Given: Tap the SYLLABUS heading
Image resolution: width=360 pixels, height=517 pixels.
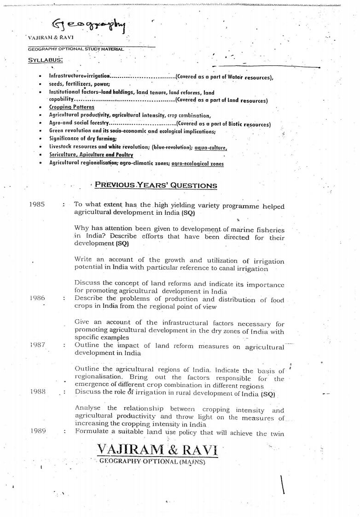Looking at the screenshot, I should [45, 59].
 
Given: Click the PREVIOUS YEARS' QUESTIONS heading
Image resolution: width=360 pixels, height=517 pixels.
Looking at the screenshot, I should [156, 185].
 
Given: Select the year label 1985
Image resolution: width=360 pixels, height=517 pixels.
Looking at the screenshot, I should [37, 205].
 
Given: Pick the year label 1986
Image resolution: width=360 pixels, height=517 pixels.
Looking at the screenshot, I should [37, 298].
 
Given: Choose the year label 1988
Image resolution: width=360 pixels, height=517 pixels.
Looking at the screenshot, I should [37, 391].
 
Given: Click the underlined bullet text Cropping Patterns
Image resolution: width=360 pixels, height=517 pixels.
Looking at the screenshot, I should [72, 107].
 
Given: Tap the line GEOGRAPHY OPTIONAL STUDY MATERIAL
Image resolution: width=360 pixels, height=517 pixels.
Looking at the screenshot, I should [75, 49].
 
